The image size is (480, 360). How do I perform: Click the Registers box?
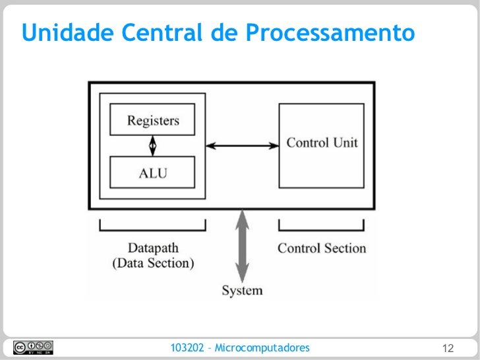coord(152,121)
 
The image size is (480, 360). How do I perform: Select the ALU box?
coord(152,173)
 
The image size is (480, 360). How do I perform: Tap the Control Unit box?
coord(322,142)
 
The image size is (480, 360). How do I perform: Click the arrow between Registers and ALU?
coord(152,144)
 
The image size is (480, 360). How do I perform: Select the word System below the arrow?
coord(242,290)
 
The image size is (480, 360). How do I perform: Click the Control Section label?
coord(322,249)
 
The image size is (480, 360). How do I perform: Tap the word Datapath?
coord(152,249)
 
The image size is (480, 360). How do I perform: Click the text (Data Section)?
coord(152,264)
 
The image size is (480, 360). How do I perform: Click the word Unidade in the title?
coord(59,32)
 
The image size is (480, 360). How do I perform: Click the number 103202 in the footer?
coord(187,347)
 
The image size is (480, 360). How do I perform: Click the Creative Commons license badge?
coord(32,347)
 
